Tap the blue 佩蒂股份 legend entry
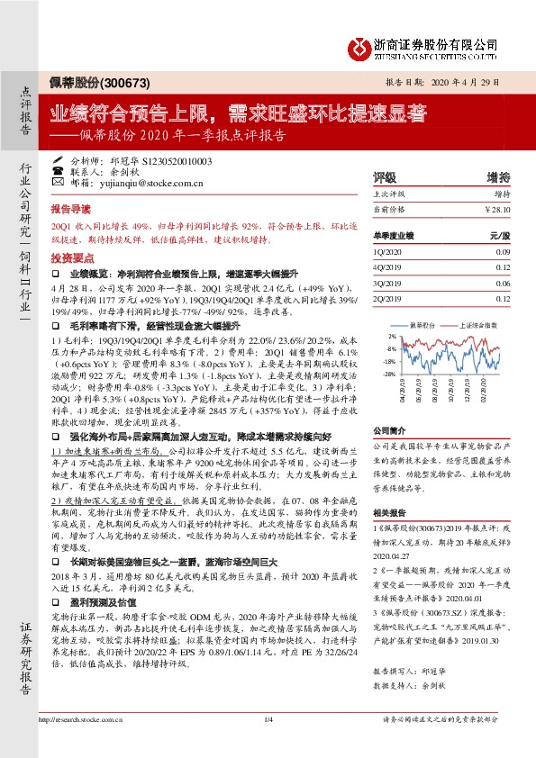422,323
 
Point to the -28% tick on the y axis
390,374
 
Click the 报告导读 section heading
71,206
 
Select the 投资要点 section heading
71,257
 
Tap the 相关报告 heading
389,510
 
